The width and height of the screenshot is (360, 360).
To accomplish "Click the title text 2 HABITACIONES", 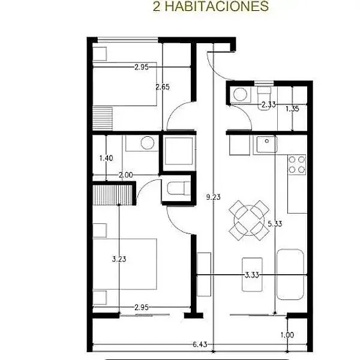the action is click(211, 6).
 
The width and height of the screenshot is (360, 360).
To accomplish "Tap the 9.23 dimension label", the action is click(213, 197).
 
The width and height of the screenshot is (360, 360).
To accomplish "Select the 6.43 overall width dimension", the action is click(200, 344).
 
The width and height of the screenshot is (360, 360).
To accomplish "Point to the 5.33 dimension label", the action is click(275, 223).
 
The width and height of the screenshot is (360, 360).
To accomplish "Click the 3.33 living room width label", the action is click(252, 275).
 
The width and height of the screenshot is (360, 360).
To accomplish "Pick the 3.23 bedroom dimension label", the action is click(119, 259).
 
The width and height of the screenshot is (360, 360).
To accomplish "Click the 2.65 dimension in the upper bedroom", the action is click(163, 87).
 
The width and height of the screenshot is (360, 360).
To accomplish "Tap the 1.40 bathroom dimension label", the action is click(106, 158).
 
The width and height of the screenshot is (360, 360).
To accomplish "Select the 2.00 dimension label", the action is click(125, 175).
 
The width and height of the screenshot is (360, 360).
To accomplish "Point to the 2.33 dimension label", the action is click(269, 104).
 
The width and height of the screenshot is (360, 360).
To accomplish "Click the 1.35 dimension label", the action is click(292, 109).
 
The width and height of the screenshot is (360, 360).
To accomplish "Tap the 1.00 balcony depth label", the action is click(287, 335).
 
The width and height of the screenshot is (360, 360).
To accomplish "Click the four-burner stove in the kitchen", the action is click(297, 164).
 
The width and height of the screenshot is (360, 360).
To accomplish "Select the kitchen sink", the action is click(266, 145).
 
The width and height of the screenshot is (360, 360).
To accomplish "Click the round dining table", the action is click(249, 220).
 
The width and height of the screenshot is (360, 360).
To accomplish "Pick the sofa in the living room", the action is click(290, 275).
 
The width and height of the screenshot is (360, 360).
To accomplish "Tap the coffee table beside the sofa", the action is click(252, 274).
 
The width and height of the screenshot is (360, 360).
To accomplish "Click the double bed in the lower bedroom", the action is click(125, 264).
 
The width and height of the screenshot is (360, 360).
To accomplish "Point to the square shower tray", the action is click(179, 151).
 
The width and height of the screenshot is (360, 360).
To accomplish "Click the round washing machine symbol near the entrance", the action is click(240, 94).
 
